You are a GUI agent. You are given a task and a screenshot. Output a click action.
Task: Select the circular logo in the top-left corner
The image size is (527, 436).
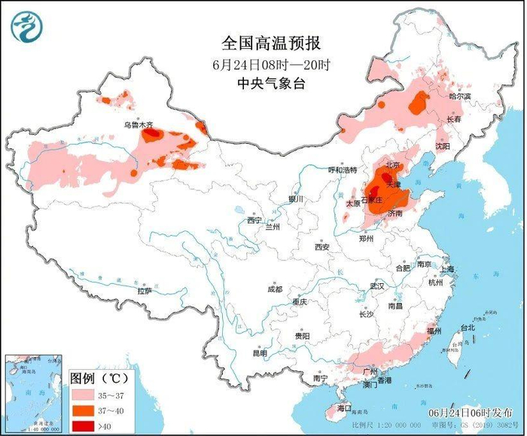pos(26,26)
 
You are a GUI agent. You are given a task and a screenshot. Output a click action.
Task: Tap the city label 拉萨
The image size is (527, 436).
pos(145,290)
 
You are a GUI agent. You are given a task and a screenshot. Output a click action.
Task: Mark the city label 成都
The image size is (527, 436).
pos(274,288)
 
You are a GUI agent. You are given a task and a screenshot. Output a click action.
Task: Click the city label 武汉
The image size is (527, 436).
pos(376,286)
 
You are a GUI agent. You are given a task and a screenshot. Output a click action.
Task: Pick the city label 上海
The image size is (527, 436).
pos(447,269)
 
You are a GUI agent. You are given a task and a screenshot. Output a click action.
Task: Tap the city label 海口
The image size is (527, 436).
pos(344,408)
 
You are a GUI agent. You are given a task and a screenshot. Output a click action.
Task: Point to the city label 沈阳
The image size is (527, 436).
pos(442,145)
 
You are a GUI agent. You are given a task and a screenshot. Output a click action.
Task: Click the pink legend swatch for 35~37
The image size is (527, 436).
pos(87,393)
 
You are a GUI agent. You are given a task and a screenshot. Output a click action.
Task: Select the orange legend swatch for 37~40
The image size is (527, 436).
pos(87,410)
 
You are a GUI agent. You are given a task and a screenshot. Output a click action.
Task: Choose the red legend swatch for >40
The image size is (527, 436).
pos(87,427)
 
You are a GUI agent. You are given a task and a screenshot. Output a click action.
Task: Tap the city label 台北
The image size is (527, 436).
pos(467,328)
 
